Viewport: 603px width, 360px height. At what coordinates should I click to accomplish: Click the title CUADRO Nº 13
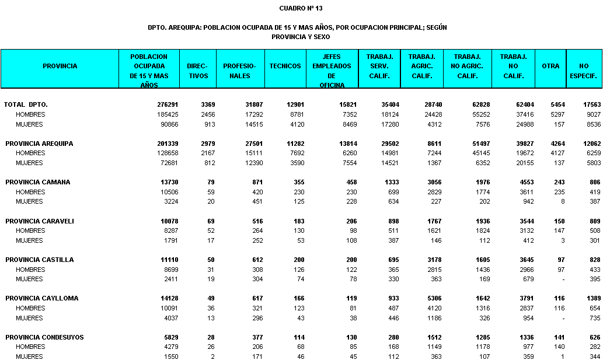[x=301, y=8]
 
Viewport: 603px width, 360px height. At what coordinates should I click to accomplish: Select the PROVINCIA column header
[x=60, y=66]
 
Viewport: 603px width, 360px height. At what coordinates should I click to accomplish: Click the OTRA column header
[x=550, y=66]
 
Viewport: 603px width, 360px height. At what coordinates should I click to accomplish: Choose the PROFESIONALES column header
[x=240, y=71]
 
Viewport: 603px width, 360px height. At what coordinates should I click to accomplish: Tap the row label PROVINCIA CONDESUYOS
[x=44, y=337]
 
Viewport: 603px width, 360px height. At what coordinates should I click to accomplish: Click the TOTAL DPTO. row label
[x=26, y=104]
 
